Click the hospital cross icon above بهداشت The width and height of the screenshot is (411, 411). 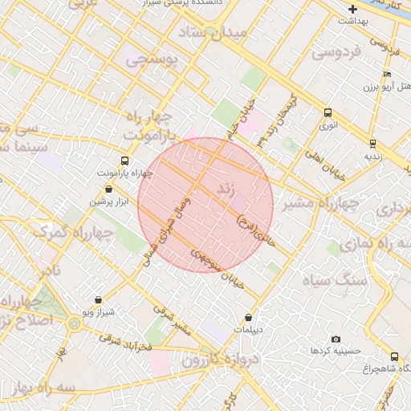[x=352, y=10]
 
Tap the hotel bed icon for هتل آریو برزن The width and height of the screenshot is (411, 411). [x=388, y=75]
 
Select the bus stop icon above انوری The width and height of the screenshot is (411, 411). [x=328, y=113]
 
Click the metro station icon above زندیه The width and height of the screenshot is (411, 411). [x=373, y=143]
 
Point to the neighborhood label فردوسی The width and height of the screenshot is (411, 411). [x=334, y=54]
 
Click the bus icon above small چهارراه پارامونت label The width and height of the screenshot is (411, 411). [x=124, y=161]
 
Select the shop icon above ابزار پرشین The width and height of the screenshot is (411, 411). [x=108, y=189]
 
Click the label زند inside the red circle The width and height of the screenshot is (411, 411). [x=227, y=190]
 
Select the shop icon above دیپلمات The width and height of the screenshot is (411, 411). [x=248, y=317]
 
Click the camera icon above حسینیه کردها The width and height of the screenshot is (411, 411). [x=336, y=339]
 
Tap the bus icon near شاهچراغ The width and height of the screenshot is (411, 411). [x=394, y=356]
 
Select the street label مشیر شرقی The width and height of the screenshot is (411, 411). [x=173, y=318]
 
